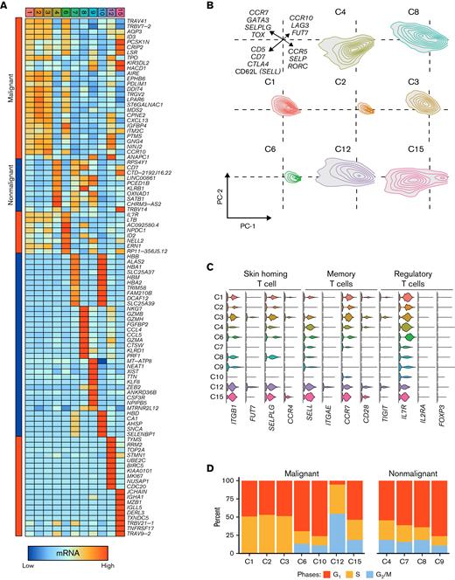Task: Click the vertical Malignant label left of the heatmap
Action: (10, 83)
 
